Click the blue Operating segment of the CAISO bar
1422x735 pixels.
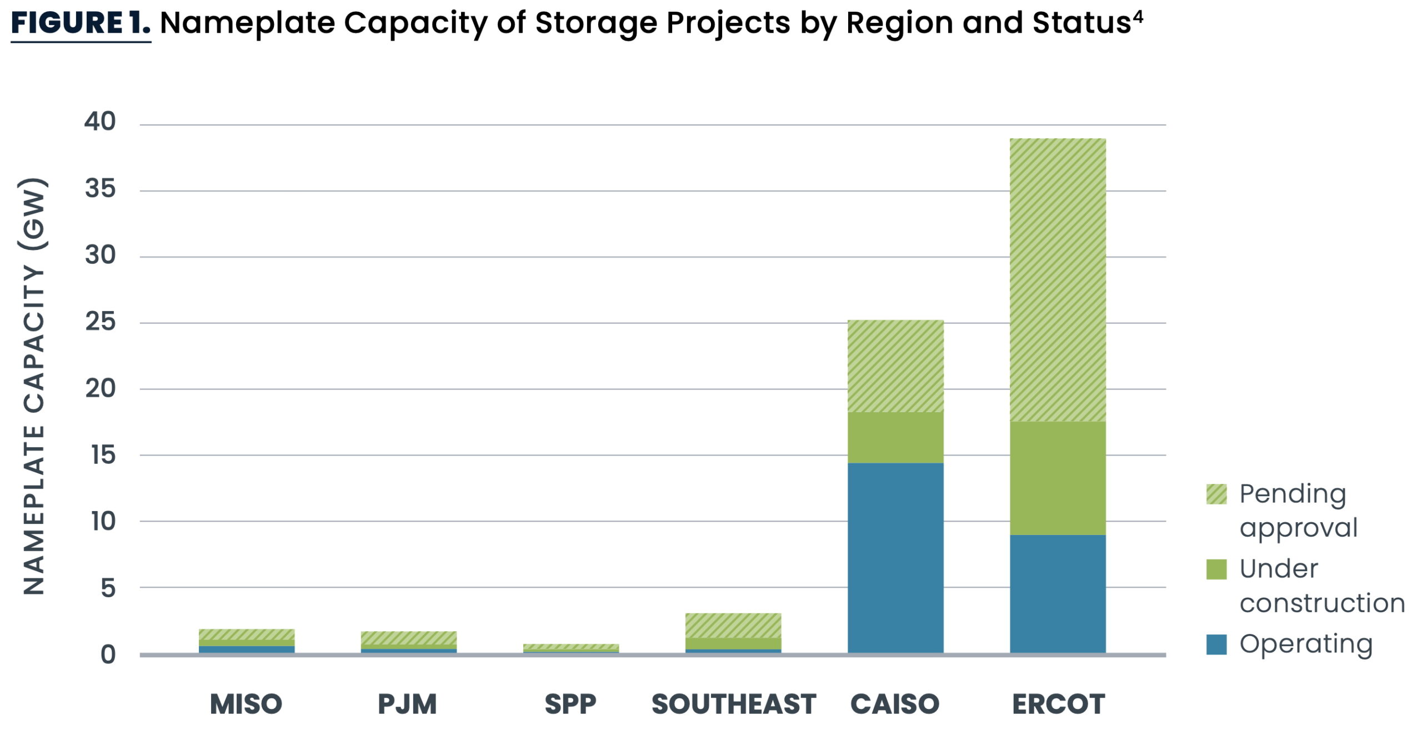(x=895, y=557)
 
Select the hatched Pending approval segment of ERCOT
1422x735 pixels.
(x=1057, y=279)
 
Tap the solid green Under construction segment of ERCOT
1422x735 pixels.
(x=1057, y=478)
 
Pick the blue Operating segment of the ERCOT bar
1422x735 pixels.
(x=1057, y=593)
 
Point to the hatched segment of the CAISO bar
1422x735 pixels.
(x=895, y=366)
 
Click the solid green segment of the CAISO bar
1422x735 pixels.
(x=895, y=437)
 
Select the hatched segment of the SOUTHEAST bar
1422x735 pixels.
(x=733, y=625)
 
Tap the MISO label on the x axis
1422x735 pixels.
(x=246, y=704)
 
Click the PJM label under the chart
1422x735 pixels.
(x=407, y=704)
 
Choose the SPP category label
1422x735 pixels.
(x=570, y=704)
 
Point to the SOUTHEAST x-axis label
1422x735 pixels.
(x=733, y=704)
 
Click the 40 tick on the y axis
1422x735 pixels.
(x=100, y=121)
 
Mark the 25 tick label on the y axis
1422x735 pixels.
(x=100, y=321)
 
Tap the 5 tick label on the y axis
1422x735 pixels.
(x=108, y=588)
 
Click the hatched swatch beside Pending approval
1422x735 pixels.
(x=1216, y=494)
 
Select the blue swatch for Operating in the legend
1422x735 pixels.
(x=1216, y=644)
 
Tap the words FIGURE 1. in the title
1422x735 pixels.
(x=80, y=23)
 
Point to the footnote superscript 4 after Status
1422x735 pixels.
(x=1138, y=16)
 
